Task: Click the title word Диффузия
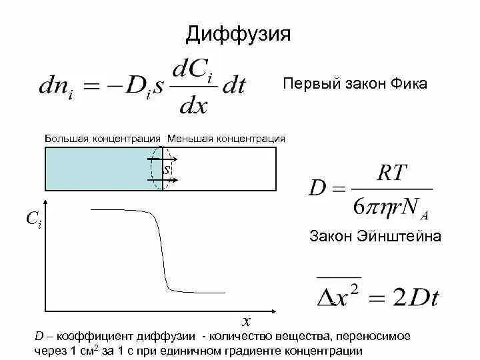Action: coord(238,34)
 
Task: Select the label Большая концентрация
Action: coord(103,139)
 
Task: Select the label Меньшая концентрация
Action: coord(227,139)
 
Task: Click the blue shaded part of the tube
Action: coord(100,169)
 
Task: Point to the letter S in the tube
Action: coord(167,169)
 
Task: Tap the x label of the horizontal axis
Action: coord(246,319)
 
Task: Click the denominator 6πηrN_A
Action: coord(389,208)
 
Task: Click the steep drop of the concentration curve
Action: coord(161,253)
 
